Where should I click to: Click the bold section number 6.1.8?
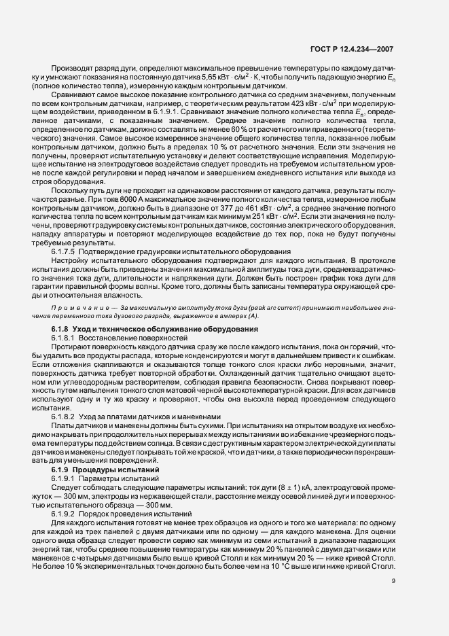[x=62, y=330]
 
